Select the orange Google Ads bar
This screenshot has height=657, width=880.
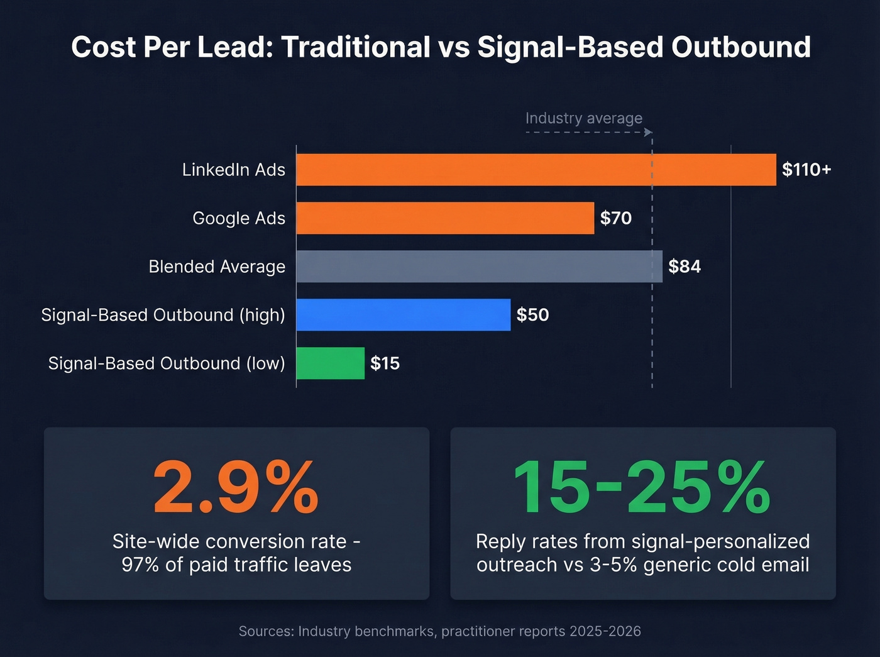point(445,218)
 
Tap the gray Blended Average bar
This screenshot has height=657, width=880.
point(479,267)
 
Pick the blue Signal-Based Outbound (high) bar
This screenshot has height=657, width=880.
point(403,315)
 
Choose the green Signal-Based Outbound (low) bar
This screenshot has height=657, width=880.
point(330,363)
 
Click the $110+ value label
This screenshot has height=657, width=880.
point(806,170)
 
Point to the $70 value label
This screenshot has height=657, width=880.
point(615,218)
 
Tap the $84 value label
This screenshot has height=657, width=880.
point(685,267)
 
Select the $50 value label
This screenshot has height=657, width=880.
point(532,315)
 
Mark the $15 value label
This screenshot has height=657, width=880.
point(385,363)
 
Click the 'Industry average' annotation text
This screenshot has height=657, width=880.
point(583,118)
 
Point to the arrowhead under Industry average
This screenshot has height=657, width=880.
point(648,133)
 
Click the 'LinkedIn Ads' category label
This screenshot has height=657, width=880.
point(233,170)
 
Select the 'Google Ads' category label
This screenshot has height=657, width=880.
point(238,218)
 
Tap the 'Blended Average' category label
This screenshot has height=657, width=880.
point(217,267)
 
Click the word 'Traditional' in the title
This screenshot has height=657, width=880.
point(355,47)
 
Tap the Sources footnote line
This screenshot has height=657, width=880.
point(439,631)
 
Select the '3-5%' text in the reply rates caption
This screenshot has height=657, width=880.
point(613,565)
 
